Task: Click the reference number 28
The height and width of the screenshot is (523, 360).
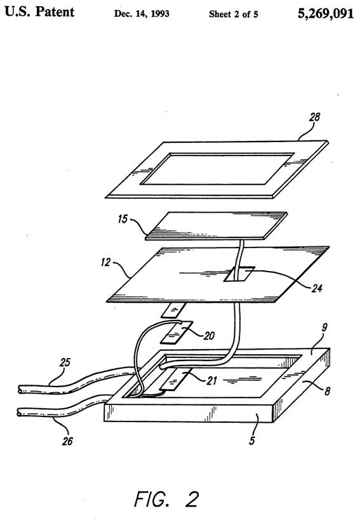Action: [x=314, y=117]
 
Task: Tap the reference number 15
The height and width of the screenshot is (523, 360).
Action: [x=123, y=219]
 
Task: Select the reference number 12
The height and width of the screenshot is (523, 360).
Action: [x=105, y=262]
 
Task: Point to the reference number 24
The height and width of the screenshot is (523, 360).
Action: [x=317, y=288]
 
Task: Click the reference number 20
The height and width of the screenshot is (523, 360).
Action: [x=209, y=336]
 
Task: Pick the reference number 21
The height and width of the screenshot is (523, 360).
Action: [x=212, y=380]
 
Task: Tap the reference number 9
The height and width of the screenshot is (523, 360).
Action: [x=324, y=328]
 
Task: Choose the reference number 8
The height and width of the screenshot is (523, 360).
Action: [x=328, y=390]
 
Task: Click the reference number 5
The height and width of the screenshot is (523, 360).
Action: [x=252, y=440]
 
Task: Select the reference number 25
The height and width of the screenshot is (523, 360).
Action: [x=65, y=362]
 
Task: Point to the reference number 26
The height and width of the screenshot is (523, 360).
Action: [x=67, y=441]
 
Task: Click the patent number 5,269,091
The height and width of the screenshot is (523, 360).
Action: [x=326, y=14]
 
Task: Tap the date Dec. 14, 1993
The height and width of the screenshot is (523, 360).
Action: [x=142, y=14]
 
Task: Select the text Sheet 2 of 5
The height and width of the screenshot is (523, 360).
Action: [x=234, y=14]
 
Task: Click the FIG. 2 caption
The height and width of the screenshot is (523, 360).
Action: [x=166, y=500]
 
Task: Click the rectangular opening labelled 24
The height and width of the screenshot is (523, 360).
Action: [x=239, y=274]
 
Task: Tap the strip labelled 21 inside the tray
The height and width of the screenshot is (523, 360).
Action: [x=176, y=380]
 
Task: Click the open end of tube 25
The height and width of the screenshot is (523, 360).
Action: [x=21, y=389]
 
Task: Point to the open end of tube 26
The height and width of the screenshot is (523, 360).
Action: [x=20, y=413]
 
